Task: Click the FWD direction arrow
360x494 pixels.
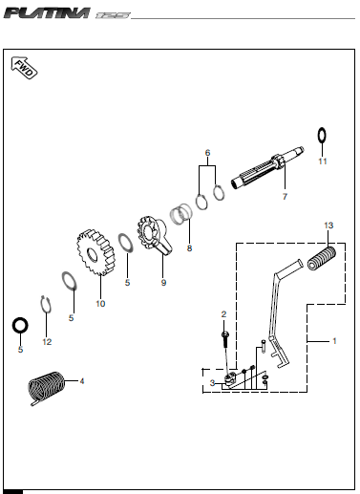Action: pos(24,68)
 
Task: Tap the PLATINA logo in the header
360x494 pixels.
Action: pos(47,13)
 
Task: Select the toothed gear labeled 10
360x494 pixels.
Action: pos(95,252)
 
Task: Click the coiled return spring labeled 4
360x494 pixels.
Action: pos(46,388)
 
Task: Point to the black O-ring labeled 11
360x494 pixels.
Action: pos(322,136)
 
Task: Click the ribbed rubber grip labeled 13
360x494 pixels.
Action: pos(322,258)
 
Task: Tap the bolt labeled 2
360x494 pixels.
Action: pos(225,339)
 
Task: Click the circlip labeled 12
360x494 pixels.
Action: pos(47,304)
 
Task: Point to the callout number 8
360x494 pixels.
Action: pos(189,248)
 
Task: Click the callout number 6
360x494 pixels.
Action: pos(207,153)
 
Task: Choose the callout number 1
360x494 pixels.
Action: pos(334,341)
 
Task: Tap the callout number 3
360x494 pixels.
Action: pos(212,383)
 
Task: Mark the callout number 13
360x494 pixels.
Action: pos(328,226)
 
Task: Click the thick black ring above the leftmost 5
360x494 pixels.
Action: pos(20,326)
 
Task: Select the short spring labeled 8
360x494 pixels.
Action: pos(181,213)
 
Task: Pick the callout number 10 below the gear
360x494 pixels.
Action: pos(100,304)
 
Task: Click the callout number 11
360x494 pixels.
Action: pos(323,161)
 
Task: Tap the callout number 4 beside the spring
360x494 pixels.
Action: pos(82,381)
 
